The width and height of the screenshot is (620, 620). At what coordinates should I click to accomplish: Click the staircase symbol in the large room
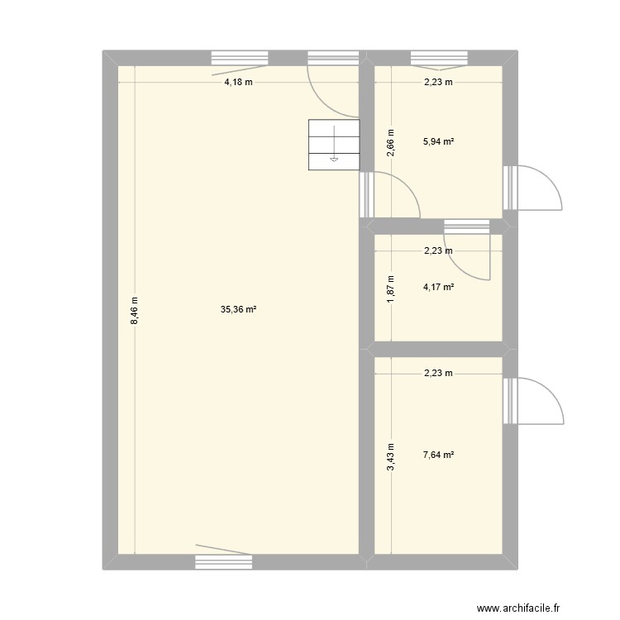(334, 145)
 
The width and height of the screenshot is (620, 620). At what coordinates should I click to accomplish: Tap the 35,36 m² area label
(238, 310)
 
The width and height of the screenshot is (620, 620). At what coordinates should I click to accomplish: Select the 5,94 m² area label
(438, 141)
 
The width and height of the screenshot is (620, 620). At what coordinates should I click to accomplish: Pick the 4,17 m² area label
(438, 288)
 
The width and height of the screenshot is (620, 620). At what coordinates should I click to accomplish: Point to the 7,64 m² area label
(438, 455)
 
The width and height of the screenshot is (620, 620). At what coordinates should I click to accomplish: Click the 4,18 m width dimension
(238, 82)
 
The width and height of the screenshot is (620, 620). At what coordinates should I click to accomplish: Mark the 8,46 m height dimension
(134, 311)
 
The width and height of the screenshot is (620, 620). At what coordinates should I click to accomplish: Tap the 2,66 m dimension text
(391, 142)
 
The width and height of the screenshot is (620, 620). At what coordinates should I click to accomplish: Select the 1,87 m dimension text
(391, 289)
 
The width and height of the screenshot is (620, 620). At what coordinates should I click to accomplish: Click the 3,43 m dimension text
(391, 455)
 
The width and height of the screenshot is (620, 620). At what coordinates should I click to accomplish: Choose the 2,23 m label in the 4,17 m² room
(438, 251)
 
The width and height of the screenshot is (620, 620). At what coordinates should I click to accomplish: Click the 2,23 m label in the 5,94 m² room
(438, 82)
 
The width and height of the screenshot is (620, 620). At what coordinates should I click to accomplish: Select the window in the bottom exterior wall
(223, 561)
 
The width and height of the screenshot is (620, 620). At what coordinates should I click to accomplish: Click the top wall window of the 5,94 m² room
(439, 58)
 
